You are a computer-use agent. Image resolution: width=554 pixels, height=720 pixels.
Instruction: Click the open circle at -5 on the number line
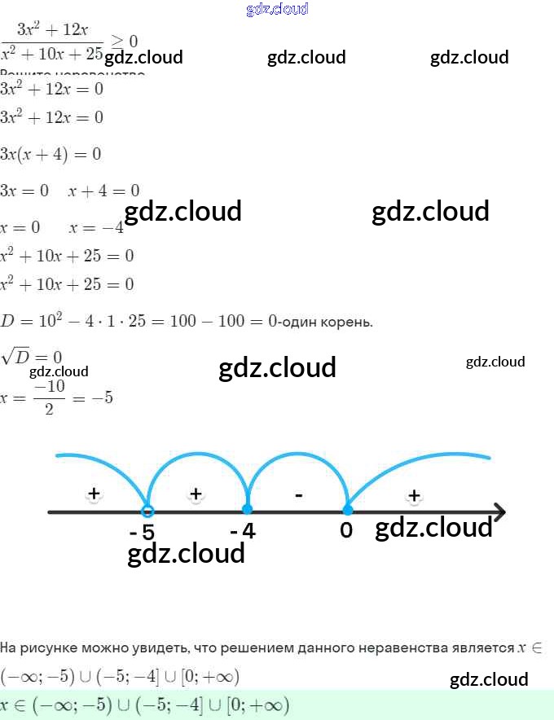[147, 511]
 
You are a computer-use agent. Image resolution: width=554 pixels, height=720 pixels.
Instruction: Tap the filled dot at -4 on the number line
[248, 511]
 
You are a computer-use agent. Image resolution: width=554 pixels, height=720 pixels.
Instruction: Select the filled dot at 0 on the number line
[348, 511]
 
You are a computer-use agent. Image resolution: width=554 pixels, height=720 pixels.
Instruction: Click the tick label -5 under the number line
[142, 533]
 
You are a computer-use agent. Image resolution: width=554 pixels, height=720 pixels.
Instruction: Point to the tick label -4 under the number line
[243, 531]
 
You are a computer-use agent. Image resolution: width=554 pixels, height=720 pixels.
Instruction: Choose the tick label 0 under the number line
[346, 531]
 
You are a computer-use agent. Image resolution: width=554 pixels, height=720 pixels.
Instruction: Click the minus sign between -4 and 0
[299, 494]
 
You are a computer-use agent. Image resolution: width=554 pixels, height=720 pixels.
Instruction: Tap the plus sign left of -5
[94, 493]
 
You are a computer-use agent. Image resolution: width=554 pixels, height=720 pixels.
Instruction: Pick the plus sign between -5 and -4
[196, 493]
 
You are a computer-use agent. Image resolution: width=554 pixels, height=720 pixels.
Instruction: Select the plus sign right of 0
[414, 494]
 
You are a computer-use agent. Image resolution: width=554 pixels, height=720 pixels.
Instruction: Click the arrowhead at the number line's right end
[499, 511]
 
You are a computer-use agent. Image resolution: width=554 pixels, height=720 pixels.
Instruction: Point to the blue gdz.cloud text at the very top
[277, 10]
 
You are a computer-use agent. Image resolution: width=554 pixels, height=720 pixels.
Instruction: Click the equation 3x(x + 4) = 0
[51, 154]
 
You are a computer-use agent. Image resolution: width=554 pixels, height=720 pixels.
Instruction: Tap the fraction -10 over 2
[50, 399]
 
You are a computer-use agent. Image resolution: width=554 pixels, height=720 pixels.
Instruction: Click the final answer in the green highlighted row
[145, 705]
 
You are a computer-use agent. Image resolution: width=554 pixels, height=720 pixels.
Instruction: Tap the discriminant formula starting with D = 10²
[138, 321]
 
